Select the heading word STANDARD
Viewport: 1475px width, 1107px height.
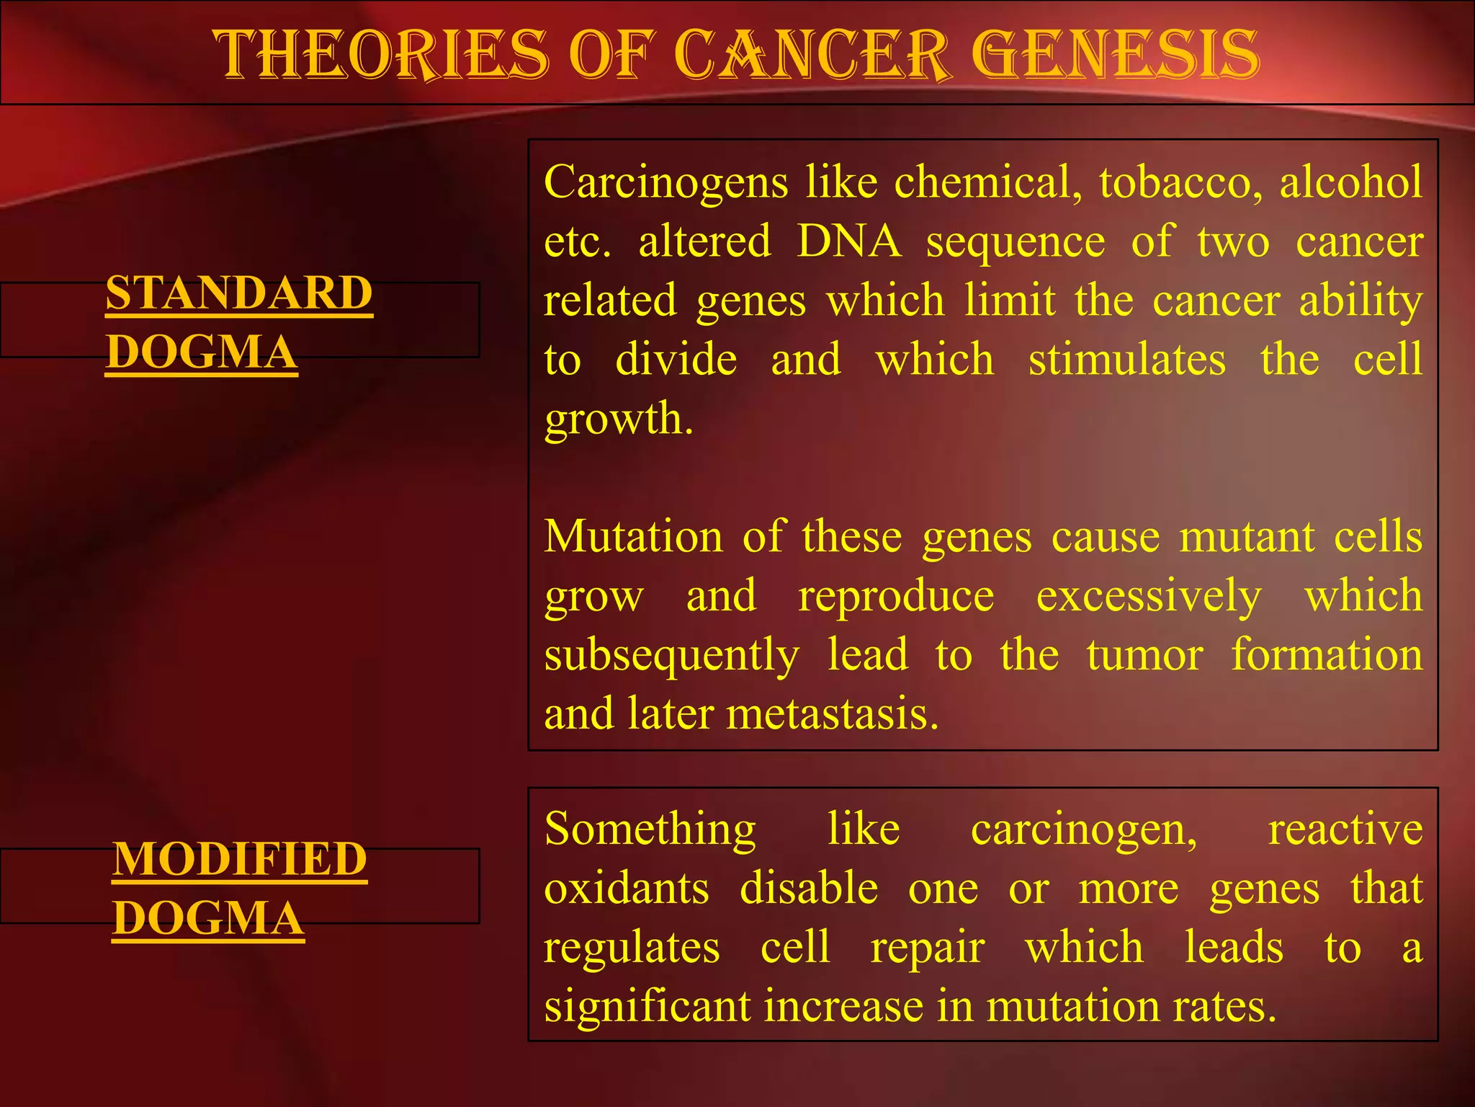point(239,293)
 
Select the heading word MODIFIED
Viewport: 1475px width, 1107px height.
point(240,859)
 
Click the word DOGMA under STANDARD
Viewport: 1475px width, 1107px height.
point(201,352)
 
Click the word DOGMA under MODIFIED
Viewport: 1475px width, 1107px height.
point(208,918)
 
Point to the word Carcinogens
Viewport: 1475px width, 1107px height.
point(666,182)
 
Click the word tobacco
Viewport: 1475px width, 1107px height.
point(1180,182)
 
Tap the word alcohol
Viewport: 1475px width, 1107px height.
point(1350,182)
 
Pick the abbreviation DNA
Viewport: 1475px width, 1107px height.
point(849,241)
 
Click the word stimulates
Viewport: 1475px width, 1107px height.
point(1126,360)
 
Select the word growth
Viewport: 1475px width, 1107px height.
point(618,419)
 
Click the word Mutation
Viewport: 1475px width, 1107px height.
point(633,537)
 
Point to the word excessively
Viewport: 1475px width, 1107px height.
point(1149,596)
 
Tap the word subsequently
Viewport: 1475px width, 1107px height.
point(671,655)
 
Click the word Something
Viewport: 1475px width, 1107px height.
point(650,829)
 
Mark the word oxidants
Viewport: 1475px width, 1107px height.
point(627,888)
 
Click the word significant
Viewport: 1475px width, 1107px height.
point(647,1006)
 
